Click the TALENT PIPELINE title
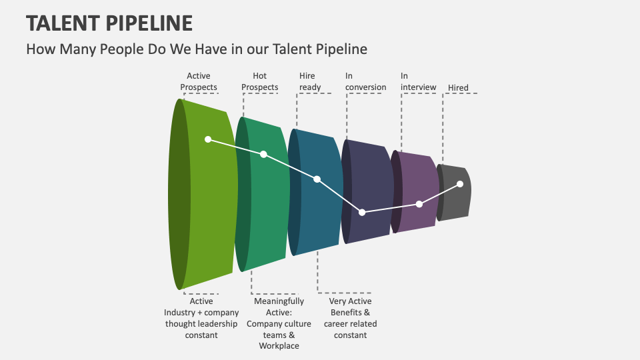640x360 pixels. [109, 23]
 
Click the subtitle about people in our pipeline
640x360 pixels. [197, 49]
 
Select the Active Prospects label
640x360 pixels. [199, 81]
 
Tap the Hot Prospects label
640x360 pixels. [259, 81]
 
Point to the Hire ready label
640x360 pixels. [310, 81]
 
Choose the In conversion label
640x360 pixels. [365, 81]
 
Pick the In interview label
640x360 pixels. [418, 81]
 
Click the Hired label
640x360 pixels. [458, 88]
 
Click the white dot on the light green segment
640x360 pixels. [208, 139]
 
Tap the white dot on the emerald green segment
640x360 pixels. [264, 154]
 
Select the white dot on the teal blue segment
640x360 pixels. [317, 179]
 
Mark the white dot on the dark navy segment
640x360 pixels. [362, 212]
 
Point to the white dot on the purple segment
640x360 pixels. [419, 204]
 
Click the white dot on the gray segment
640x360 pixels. [460, 184]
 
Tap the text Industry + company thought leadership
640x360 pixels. [201, 318]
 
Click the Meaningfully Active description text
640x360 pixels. [279, 323]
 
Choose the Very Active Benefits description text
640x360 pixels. [350, 318]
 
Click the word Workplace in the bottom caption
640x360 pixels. [279, 346]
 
